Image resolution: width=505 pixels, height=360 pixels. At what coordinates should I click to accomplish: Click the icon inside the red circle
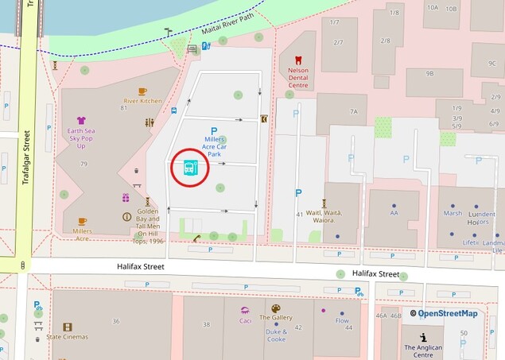tap(189, 167)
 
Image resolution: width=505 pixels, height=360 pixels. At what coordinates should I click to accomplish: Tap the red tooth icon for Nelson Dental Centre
tap(298, 60)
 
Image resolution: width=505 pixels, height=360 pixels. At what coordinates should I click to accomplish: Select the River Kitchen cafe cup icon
tap(142, 91)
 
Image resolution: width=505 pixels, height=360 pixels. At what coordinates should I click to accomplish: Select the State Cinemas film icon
tap(67, 327)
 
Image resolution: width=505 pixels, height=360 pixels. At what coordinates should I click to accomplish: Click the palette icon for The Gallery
tap(276, 308)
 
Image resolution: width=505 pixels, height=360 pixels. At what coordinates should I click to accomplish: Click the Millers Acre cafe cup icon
tap(82, 222)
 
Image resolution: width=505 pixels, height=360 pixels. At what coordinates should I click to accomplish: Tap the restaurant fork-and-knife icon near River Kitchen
tap(150, 122)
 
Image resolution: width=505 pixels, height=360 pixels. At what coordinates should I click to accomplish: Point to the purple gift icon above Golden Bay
tap(126, 198)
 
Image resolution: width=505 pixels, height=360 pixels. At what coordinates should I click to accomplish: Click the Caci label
tap(246, 321)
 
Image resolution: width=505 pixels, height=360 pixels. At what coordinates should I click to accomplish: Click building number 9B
tap(429, 73)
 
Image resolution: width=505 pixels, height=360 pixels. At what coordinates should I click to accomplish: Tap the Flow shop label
tap(342, 321)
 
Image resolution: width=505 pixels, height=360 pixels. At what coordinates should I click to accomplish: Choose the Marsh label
tap(453, 213)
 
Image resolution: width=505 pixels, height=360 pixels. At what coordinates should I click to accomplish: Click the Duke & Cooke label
tap(276, 335)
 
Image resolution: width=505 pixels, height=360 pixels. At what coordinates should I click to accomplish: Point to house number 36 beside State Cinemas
tap(116, 321)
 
